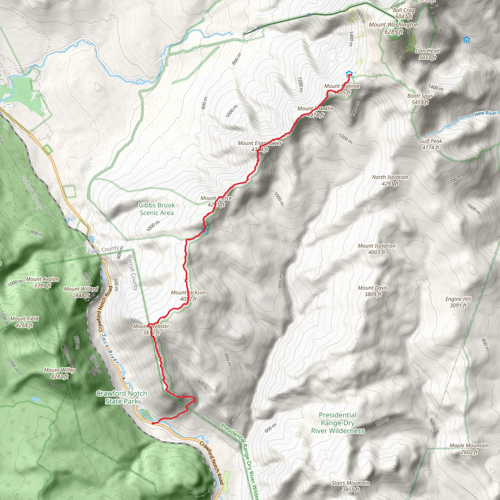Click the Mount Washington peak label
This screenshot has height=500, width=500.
(x=393, y=28)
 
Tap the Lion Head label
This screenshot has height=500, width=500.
(x=427, y=54)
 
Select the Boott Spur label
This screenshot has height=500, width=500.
(x=420, y=99)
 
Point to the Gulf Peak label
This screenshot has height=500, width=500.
(x=431, y=144)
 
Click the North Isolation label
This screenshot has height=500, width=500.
(x=390, y=180)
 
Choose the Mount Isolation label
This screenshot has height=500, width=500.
(x=376, y=249)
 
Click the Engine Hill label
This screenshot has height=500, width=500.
(x=458, y=302)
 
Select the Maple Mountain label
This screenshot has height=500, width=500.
(x=469, y=448)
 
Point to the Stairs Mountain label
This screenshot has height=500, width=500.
(x=351, y=486)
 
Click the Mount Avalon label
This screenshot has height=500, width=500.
(x=42, y=282)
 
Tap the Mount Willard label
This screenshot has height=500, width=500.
(x=81, y=292)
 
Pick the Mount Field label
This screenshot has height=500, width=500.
(x=24, y=322)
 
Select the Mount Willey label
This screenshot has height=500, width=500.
(x=60, y=373)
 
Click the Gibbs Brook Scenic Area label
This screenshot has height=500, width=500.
(x=156, y=209)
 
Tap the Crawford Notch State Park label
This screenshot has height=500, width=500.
(x=122, y=397)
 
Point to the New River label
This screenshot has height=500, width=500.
(x=485, y=113)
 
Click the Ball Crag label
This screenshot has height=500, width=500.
(x=404, y=13)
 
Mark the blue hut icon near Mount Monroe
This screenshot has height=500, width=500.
(x=349, y=74)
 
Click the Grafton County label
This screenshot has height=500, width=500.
(x=31, y=192)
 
